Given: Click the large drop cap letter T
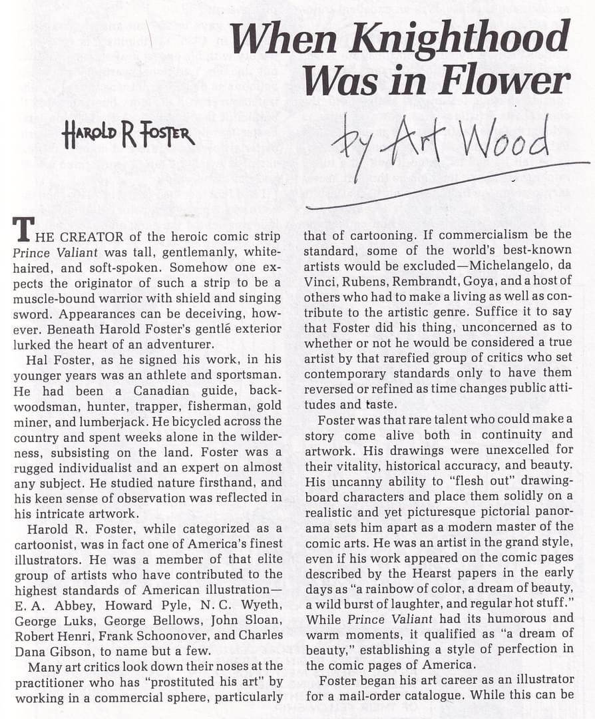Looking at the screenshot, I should [23, 230].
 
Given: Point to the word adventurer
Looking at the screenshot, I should [169, 344].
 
